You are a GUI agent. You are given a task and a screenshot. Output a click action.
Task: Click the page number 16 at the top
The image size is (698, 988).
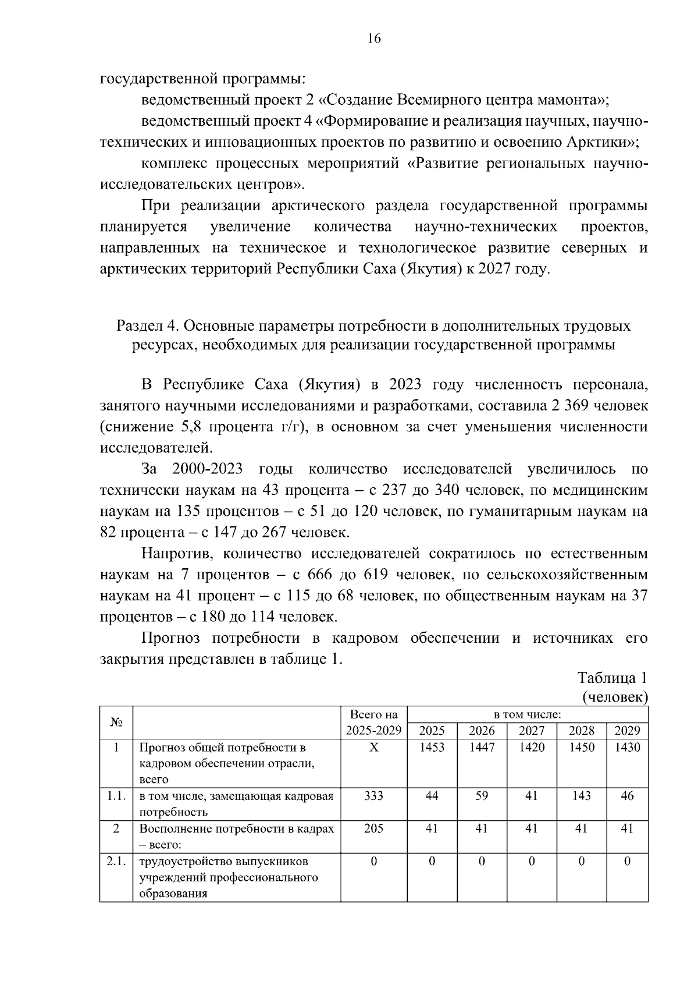[x=373, y=39]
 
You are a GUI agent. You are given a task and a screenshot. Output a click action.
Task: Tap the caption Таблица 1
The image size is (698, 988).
[x=612, y=678]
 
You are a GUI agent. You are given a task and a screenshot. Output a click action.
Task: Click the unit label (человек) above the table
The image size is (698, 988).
[x=614, y=697]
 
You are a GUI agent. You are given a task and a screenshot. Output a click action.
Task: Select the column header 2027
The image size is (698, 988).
[x=531, y=731]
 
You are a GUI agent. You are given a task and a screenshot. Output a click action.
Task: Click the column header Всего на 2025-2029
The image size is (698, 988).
[x=373, y=723]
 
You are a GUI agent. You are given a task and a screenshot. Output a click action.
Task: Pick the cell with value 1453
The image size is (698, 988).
[x=432, y=748]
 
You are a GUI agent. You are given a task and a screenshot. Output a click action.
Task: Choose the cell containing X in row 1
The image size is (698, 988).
[x=373, y=748]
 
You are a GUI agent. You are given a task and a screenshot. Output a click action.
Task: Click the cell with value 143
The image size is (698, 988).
[x=581, y=796]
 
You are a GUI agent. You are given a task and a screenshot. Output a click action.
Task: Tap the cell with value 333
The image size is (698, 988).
[x=373, y=796]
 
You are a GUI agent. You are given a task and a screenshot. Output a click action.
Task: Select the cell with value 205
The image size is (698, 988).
[x=373, y=828]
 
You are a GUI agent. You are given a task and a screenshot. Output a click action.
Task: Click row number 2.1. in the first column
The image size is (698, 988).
[x=116, y=861]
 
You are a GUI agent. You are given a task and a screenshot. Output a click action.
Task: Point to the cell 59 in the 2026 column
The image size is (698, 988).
[x=482, y=796]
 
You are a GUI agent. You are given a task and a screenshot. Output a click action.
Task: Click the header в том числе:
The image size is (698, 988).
[x=527, y=714]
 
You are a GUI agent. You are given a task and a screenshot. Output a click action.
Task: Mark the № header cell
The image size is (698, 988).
[x=116, y=723]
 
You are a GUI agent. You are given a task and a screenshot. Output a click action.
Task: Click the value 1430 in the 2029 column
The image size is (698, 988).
[x=627, y=748]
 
